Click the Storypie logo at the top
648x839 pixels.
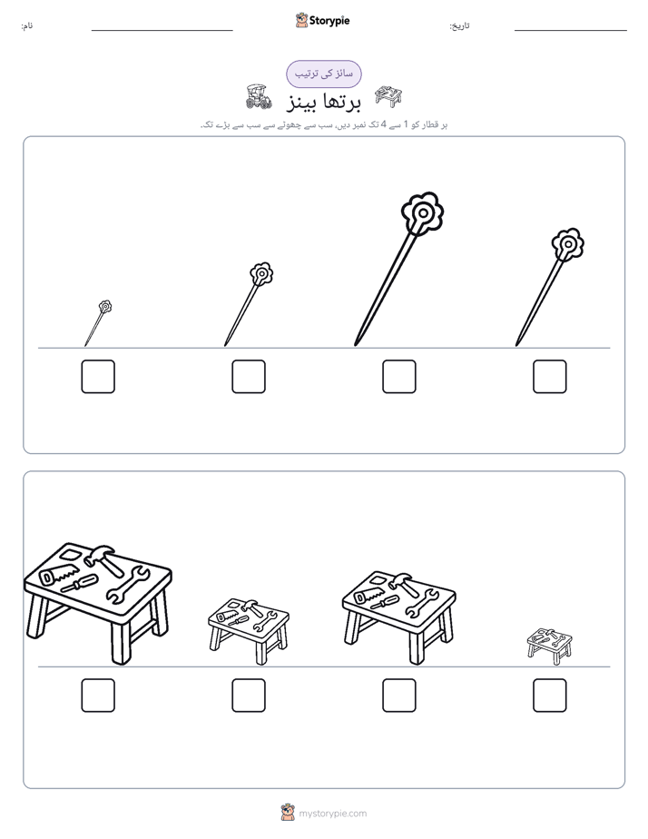pos(322,20)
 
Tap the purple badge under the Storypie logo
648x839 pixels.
pos(323,74)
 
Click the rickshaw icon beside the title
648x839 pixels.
pos(259,97)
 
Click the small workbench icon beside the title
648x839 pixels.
pos(388,95)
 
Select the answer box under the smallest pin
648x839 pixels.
pos(98,377)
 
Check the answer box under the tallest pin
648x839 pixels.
pos(398,377)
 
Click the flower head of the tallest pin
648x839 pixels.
pos(422,213)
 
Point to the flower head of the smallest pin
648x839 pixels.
pos(105,307)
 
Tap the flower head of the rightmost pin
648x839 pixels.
pos(568,244)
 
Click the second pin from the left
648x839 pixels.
pos(249,304)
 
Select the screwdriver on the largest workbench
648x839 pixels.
pos(79,582)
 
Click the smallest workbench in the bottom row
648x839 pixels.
pos(550,646)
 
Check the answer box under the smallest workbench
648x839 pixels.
pos(550,696)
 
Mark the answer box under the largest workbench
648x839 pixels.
pos(98,696)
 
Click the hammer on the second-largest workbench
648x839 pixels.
pos(403,584)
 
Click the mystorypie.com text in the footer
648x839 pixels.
pos(332,814)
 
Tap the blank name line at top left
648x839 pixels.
pos(162,31)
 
